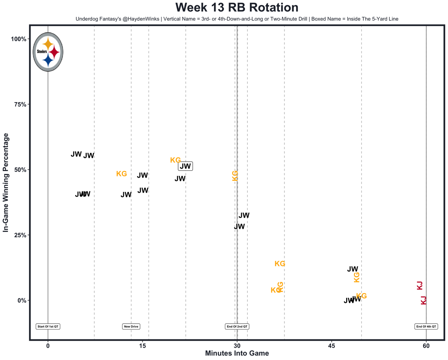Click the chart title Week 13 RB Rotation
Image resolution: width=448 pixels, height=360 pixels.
(x=237, y=8)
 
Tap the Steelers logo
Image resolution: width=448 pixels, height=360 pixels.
(x=48, y=52)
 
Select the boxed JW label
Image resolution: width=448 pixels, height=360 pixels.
(x=185, y=167)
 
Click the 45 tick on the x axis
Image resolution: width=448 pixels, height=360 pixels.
(x=331, y=346)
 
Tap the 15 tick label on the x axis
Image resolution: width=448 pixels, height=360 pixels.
(x=142, y=346)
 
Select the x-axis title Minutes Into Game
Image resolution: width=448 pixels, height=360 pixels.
(x=237, y=353)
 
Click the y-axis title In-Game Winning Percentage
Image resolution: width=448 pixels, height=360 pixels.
(x=6, y=182)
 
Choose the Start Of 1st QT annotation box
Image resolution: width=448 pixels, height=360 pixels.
(x=48, y=327)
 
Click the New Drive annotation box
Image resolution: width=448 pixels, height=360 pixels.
(x=131, y=327)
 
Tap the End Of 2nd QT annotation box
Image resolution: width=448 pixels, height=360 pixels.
(x=237, y=327)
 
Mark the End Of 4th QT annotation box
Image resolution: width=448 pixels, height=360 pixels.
(x=426, y=327)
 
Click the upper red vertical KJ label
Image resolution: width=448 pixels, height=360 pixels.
(x=420, y=285)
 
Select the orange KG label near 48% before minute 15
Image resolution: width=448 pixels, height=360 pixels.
(x=121, y=174)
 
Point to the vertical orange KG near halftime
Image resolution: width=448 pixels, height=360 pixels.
(x=235, y=176)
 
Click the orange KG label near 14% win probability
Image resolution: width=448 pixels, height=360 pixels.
(x=280, y=264)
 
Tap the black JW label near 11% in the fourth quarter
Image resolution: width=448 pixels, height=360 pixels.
(x=352, y=269)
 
